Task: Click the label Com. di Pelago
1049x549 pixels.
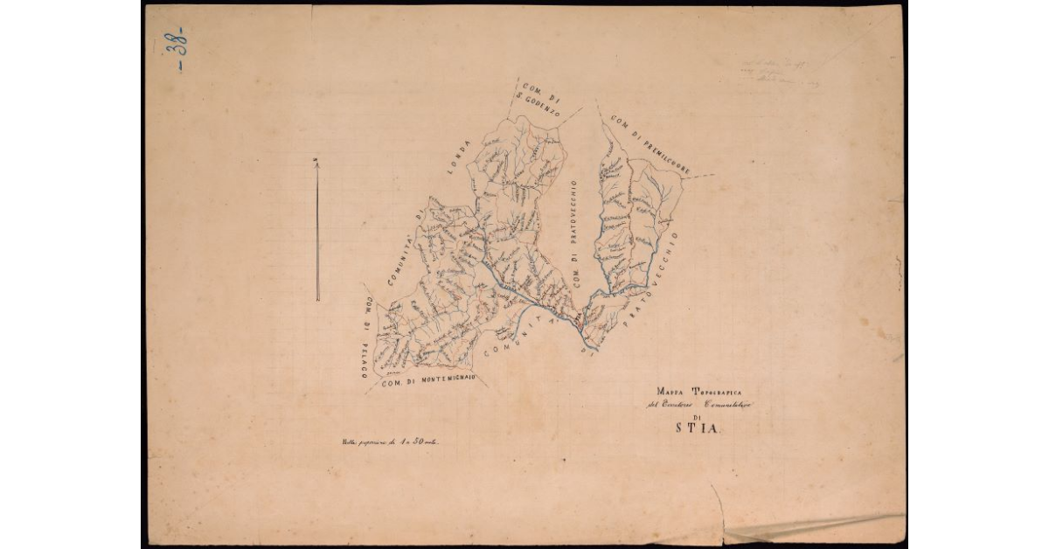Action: (x=366, y=340)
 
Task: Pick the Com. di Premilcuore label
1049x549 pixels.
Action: (x=651, y=143)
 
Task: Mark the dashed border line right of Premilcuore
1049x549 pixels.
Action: (x=700, y=176)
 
